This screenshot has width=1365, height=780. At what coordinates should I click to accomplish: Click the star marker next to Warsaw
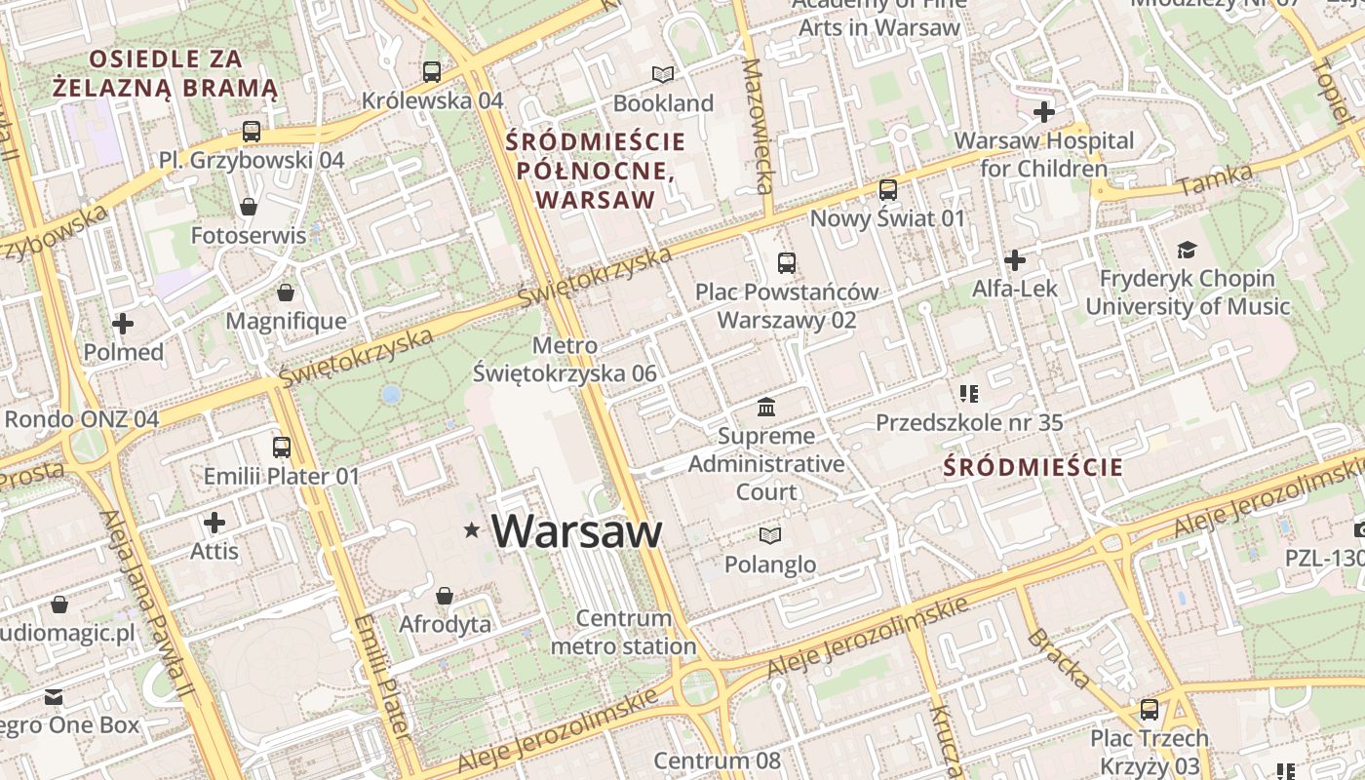click(x=472, y=530)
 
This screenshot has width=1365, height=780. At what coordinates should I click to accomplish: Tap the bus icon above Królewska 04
click(x=431, y=72)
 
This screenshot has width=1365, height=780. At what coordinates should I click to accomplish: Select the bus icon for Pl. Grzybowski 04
click(x=252, y=132)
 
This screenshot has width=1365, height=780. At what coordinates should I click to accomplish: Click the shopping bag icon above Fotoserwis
click(x=249, y=207)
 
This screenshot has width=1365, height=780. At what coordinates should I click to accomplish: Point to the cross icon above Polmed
click(x=123, y=324)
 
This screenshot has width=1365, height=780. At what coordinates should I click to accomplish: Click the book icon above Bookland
click(x=663, y=74)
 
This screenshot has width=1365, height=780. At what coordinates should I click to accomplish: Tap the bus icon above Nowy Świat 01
click(x=887, y=190)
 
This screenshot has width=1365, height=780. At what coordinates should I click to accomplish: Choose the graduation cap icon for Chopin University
click(x=1187, y=251)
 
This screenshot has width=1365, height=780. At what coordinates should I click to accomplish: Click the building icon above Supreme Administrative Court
click(x=766, y=407)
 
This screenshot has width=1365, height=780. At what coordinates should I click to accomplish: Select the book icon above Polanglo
click(x=770, y=535)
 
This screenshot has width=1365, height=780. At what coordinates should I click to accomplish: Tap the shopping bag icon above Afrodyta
click(x=445, y=596)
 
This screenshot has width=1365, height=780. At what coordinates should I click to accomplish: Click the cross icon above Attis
click(x=214, y=523)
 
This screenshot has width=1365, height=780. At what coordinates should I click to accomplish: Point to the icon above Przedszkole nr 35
click(x=968, y=394)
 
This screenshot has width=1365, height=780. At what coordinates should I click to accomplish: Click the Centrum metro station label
click(x=624, y=632)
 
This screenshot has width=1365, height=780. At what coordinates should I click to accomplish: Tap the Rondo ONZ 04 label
click(x=82, y=419)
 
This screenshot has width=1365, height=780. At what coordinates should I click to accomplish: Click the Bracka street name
click(x=1058, y=659)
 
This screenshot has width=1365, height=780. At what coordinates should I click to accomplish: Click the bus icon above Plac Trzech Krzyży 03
click(x=1150, y=710)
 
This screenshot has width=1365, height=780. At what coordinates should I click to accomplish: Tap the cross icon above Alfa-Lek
click(x=1015, y=260)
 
